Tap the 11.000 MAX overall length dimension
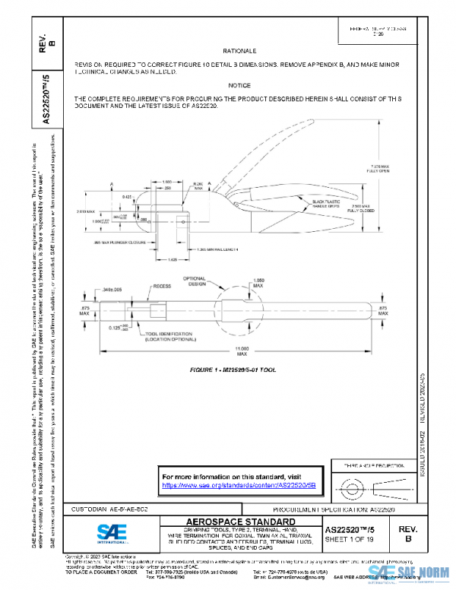(x=242, y=351)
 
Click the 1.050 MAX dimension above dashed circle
(x=258, y=284)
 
